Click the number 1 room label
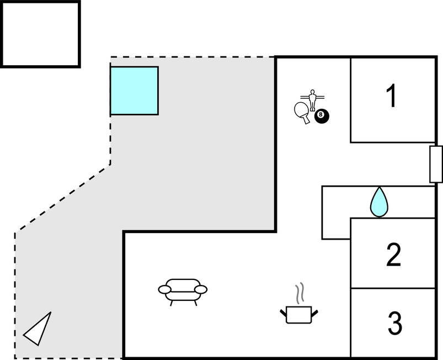click(x=391, y=96)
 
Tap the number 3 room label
click(x=394, y=324)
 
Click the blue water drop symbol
click(x=379, y=202)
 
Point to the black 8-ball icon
click(x=322, y=117)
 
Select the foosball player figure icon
click(x=313, y=100)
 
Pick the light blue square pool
click(x=134, y=91)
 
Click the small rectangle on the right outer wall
click(x=436, y=164)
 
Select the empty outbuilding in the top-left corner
click(x=40, y=34)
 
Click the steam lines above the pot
click(x=300, y=293)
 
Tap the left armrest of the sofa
click(x=165, y=289)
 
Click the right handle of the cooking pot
click(x=316, y=313)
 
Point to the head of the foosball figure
click(x=313, y=92)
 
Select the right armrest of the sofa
click(x=201, y=289)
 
